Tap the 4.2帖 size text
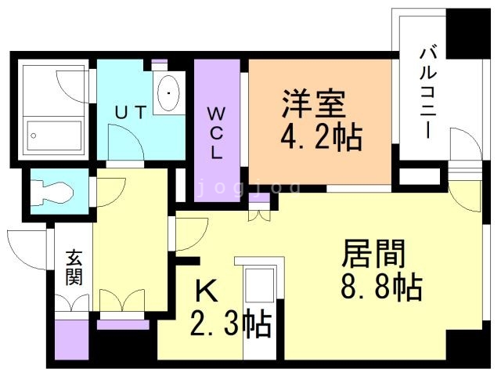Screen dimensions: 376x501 (x=321, y=139)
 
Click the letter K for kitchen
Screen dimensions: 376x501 (x=205, y=291)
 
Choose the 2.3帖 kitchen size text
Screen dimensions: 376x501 (x=232, y=322)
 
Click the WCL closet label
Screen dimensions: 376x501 (x=216, y=132)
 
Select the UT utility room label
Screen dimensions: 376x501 (x=131, y=112)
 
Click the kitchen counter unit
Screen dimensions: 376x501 (x=258, y=298)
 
